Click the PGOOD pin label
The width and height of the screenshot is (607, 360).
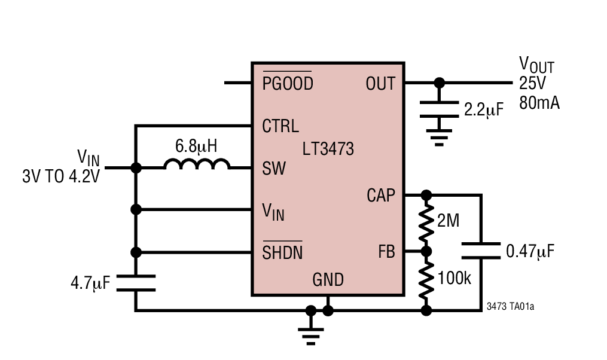point(287,84)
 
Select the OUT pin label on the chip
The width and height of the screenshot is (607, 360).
point(380,84)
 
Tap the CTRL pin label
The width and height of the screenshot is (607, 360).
point(280,126)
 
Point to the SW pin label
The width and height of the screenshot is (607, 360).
point(274,169)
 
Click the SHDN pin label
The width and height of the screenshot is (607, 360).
point(282,253)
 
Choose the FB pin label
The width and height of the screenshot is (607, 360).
point(386,252)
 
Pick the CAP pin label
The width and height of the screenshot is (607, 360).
point(381,195)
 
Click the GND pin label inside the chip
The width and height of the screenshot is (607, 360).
point(328,280)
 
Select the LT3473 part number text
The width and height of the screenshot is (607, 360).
point(328,148)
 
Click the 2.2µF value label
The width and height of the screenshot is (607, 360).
point(484,109)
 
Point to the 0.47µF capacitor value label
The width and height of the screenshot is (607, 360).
point(530,251)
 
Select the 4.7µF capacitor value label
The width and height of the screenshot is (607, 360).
point(90,283)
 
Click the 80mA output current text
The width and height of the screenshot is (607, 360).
point(539,103)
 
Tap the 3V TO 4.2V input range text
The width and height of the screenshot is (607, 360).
point(60,177)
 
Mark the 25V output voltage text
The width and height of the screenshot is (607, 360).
point(532,84)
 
